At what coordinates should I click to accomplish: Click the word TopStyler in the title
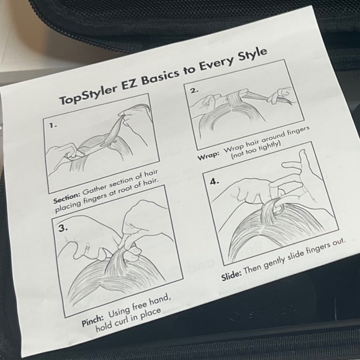click(88, 94)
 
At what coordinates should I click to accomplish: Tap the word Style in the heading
click(253, 56)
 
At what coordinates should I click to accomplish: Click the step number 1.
click(53, 125)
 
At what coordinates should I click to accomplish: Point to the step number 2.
click(194, 91)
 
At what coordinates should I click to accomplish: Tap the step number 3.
click(63, 228)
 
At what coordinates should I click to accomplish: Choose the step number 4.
click(214, 182)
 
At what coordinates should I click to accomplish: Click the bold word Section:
click(66, 198)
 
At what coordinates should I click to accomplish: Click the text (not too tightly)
click(256, 150)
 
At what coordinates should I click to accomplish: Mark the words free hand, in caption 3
click(152, 303)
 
